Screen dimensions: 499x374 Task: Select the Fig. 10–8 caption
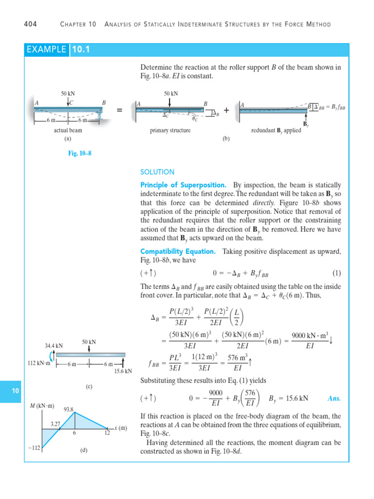[80, 153]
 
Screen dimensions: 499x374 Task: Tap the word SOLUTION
[157, 172]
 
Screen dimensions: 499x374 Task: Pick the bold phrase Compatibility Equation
[178, 251]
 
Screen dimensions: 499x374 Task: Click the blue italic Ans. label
[334, 398]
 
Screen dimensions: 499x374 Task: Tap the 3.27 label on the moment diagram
[55, 424]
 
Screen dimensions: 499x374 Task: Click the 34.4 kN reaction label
[54, 345]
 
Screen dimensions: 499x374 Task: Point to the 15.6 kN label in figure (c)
[123, 371]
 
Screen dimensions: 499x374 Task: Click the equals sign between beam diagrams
[119, 111]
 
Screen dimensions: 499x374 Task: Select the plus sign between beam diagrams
[226, 111]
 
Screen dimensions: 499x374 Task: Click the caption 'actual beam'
[68, 131]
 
